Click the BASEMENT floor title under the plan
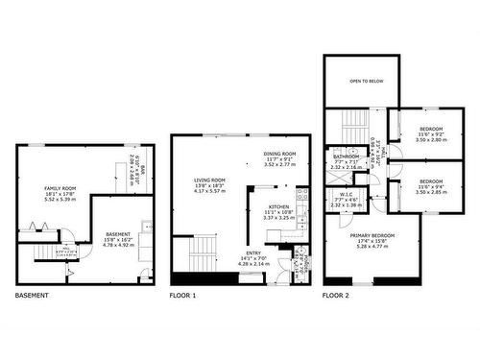pos(32,296)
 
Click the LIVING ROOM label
pos(209,180)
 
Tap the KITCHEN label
pos(279,206)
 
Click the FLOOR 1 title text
pos(182,296)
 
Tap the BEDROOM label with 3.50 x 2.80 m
pos(430,129)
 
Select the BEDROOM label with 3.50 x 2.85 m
pos(430,181)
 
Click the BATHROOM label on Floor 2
pos(346,156)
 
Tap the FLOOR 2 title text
pos(336,296)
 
